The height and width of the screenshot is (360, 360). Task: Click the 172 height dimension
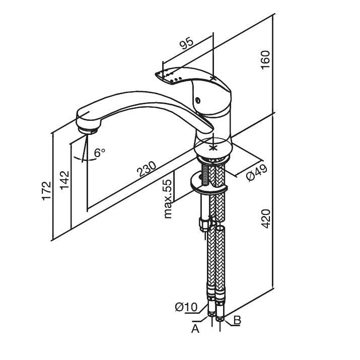point(46,190)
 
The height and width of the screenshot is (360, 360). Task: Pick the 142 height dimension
point(64,179)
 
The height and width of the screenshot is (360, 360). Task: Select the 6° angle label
point(100,151)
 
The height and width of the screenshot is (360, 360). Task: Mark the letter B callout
point(237,320)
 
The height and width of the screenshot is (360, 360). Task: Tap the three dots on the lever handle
point(176,79)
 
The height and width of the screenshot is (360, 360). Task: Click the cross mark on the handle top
point(213,78)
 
